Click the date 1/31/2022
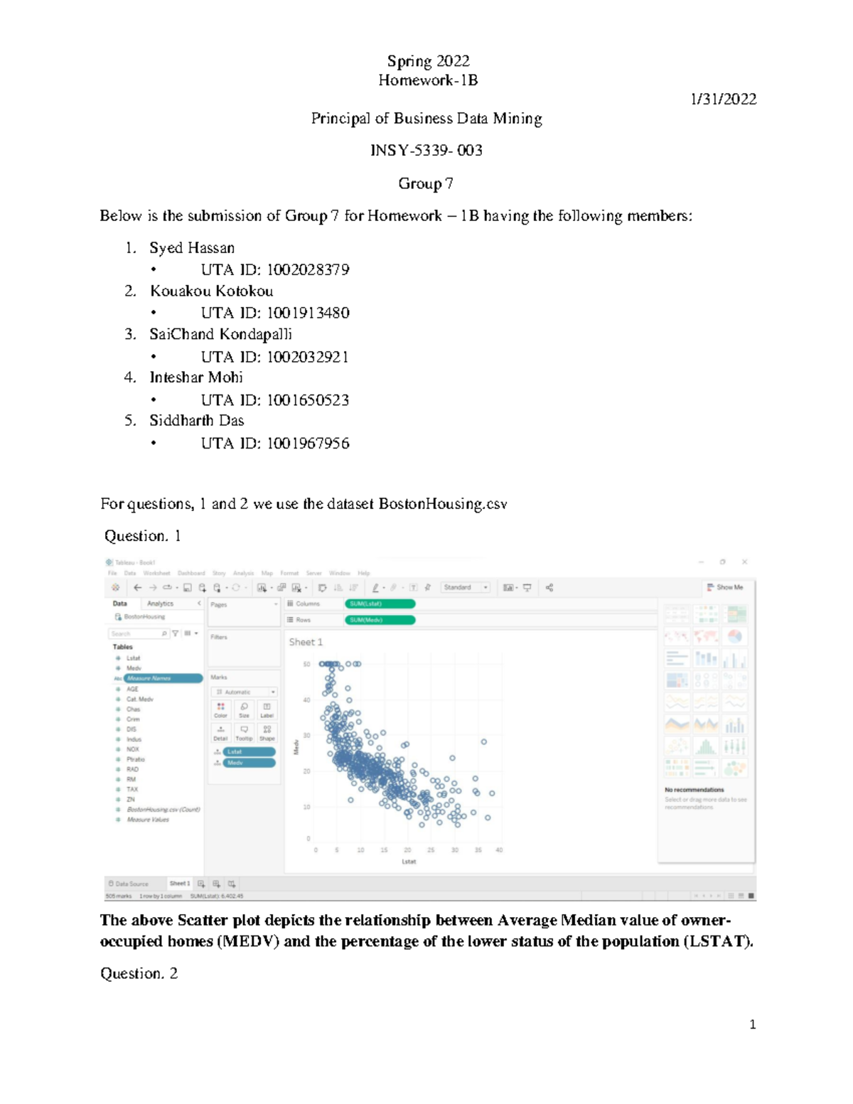pos(723,100)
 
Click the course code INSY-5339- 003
pos(426,151)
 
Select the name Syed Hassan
pos(192,248)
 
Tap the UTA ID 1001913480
pos(308,313)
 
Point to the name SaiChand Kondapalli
pos(220,334)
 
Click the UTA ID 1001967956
pos(308,444)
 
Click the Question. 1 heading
pos(142,536)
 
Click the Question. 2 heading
pos(139,973)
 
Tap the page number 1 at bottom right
pos(752,1024)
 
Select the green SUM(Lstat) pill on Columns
pos(380,604)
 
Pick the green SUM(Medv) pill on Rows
pos(380,620)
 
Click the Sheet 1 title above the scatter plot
pos(306,642)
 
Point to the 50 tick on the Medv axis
pos(307,664)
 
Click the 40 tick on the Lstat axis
pos(499,850)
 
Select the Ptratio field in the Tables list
pos(135,759)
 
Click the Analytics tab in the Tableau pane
pos(160,604)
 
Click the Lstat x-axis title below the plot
pos(409,862)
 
